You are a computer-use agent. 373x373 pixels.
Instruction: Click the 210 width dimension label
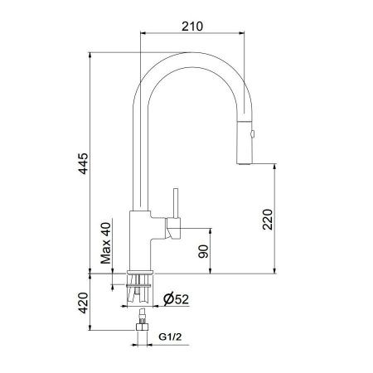192,27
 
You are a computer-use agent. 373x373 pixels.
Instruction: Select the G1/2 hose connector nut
141,335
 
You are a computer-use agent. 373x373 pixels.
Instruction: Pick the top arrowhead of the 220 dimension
274,167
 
